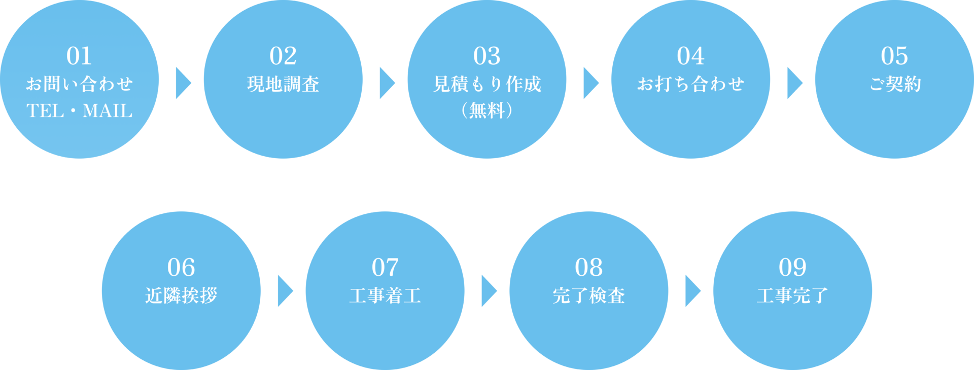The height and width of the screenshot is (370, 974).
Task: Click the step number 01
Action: point(79,56)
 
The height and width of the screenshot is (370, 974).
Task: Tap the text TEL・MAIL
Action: point(79,110)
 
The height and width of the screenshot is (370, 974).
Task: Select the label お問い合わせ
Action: point(79,84)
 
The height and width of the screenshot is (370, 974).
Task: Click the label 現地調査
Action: point(283,84)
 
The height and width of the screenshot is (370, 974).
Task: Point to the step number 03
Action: point(487,56)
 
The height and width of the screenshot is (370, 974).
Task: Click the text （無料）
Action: point(487,110)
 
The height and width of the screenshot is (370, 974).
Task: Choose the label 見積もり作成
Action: point(487,84)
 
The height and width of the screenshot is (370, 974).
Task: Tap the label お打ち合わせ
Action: point(690,84)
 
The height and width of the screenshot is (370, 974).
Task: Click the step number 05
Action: point(894,56)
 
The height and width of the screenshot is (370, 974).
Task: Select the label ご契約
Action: point(894,84)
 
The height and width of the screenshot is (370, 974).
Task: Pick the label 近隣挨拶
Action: point(181,295)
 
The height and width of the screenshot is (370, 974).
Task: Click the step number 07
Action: point(385,268)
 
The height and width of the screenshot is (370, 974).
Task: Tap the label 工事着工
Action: point(385,295)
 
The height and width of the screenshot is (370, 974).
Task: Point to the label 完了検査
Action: point(588,295)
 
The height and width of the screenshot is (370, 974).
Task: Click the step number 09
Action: point(792,268)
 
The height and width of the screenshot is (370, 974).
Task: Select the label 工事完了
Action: point(792,295)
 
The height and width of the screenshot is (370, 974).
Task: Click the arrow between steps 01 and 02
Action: point(182,83)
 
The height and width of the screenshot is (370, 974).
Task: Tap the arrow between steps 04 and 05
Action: point(794,83)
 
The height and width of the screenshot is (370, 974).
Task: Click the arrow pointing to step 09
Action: point(692,291)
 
